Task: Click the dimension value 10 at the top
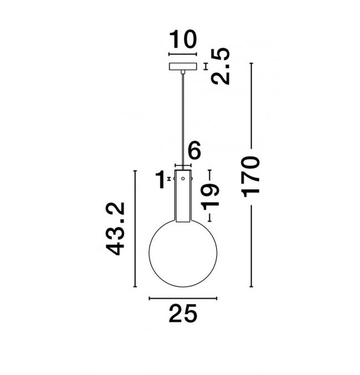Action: pyautogui.click(x=183, y=39)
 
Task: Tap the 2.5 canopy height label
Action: pyautogui.click(x=221, y=66)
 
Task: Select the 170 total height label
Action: pyautogui.click(x=251, y=177)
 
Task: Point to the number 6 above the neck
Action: pyautogui.click(x=194, y=150)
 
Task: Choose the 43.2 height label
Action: pyautogui.click(x=115, y=229)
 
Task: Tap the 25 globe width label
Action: pyautogui.click(x=183, y=314)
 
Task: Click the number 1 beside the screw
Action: pyautogui.click(x=161, y=179)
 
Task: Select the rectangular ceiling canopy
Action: pyautogui.click(x=183, y=66)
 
